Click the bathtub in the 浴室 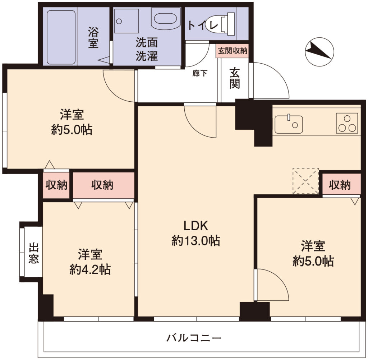click(61, 37)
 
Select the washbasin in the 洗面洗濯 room click(165, 19)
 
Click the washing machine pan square click(126, 21)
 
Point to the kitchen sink click(289, 124)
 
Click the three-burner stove click(347, 123)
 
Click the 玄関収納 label click(233, 51)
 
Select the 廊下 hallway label click(200, 73)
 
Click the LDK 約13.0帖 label click(196, 233)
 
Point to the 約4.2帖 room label click(90, 270)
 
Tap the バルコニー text click(194, 338)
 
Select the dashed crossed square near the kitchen click(305, 181)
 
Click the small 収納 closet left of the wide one click(56, 185)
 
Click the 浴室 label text click(93, 38)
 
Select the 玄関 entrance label click(235, 78)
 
